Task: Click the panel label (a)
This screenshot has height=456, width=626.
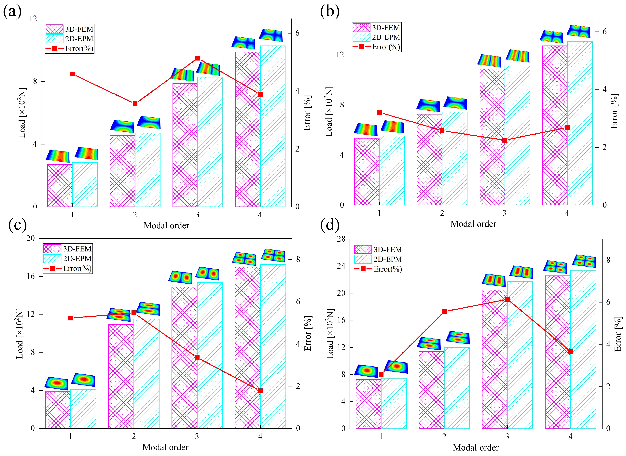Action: [12, 12]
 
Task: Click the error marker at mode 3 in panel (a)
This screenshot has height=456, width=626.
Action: [197, 58]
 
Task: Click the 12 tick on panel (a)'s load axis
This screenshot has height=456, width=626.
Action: [33, 19]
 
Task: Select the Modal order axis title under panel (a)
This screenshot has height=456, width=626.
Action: [166, 225]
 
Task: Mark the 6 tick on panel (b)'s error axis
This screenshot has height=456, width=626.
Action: [605, 32]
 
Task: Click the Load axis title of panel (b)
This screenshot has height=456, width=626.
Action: [329, 111]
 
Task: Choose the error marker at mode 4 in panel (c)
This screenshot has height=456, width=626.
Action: [260, 391]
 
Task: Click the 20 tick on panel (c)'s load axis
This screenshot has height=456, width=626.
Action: [31, 238]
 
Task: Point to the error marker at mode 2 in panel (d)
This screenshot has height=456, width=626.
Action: [444, 312]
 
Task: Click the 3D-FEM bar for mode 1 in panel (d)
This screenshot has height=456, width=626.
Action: [368, 404]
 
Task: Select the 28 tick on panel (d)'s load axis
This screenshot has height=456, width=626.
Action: [341, 239]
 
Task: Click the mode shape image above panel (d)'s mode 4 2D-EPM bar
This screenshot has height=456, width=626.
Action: [584, 261]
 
